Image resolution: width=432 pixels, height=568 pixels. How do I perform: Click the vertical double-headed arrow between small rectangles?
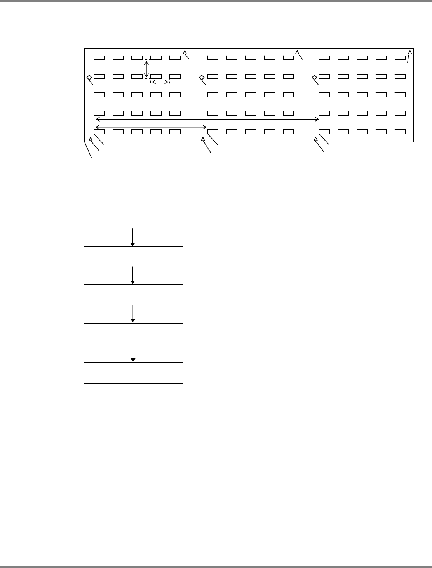[146, 69]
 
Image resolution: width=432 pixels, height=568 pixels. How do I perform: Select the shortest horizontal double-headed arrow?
[160, 82]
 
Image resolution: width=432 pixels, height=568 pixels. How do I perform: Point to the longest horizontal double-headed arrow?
[207, 119]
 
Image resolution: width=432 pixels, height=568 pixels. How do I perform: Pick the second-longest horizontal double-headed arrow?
[151, 127]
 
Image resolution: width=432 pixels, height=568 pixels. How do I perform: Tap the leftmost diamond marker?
[89, 78]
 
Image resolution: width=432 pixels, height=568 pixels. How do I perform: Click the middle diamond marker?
[202, 78]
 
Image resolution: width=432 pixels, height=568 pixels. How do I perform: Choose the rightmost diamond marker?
[314, 78]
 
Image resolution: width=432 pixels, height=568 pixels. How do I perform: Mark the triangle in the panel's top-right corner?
[409, 53]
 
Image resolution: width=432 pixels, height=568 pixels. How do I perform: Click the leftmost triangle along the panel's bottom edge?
[91, 139]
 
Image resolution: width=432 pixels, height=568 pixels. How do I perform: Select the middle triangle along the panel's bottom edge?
[202, 139]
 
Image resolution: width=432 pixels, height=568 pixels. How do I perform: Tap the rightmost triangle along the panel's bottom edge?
[315, 139]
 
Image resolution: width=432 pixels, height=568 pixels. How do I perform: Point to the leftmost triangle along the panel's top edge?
[185, 53]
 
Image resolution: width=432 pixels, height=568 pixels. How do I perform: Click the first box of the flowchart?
[133, 218]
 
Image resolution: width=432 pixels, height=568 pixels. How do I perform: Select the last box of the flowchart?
[133, 373]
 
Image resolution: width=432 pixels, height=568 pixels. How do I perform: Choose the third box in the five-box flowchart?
[133, 295]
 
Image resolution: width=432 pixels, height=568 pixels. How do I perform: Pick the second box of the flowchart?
[133, 256]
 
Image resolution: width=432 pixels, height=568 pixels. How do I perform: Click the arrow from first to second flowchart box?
[133, 237]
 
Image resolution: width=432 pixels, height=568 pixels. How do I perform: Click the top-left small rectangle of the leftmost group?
[99, 58]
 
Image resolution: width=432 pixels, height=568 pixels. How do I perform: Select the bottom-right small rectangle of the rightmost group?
[400, 132]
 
